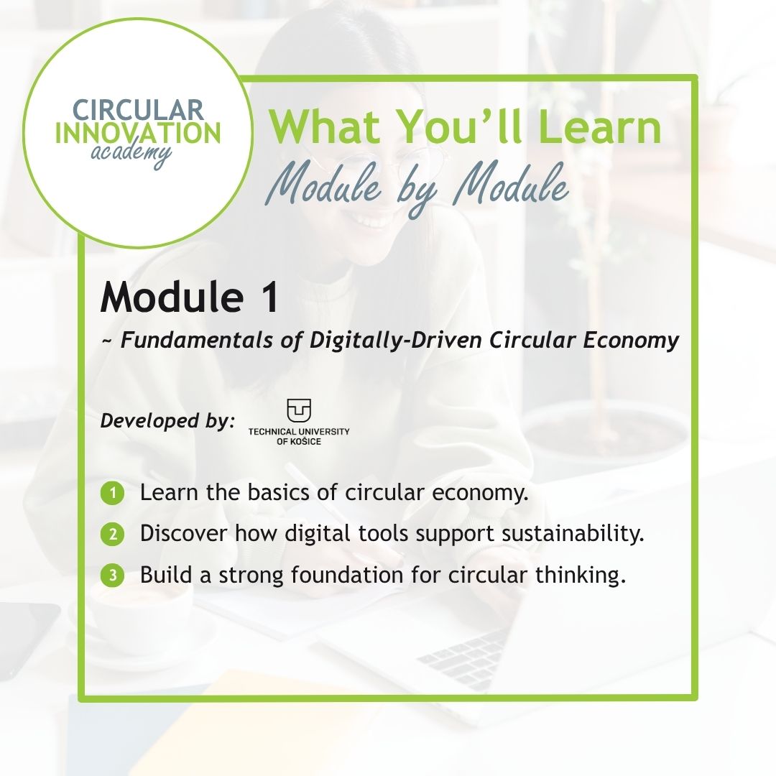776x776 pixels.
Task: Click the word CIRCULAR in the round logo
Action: point(138,110)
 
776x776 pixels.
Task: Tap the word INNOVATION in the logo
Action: point(138,133)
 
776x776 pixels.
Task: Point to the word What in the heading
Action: point(326,126)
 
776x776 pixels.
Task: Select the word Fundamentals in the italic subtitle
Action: point(196,340)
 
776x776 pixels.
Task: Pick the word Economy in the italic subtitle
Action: point(631,341)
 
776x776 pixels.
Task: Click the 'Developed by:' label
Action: point(167,421)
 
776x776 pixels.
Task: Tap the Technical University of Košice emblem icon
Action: point(299,410)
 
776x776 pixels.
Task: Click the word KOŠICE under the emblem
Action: point(305,441)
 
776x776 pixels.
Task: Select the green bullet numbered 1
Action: point(112,493)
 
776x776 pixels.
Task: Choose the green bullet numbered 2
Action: point(112,534)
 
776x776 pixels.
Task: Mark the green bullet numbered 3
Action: point(112,575)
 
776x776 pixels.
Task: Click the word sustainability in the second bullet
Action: point(573,534)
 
